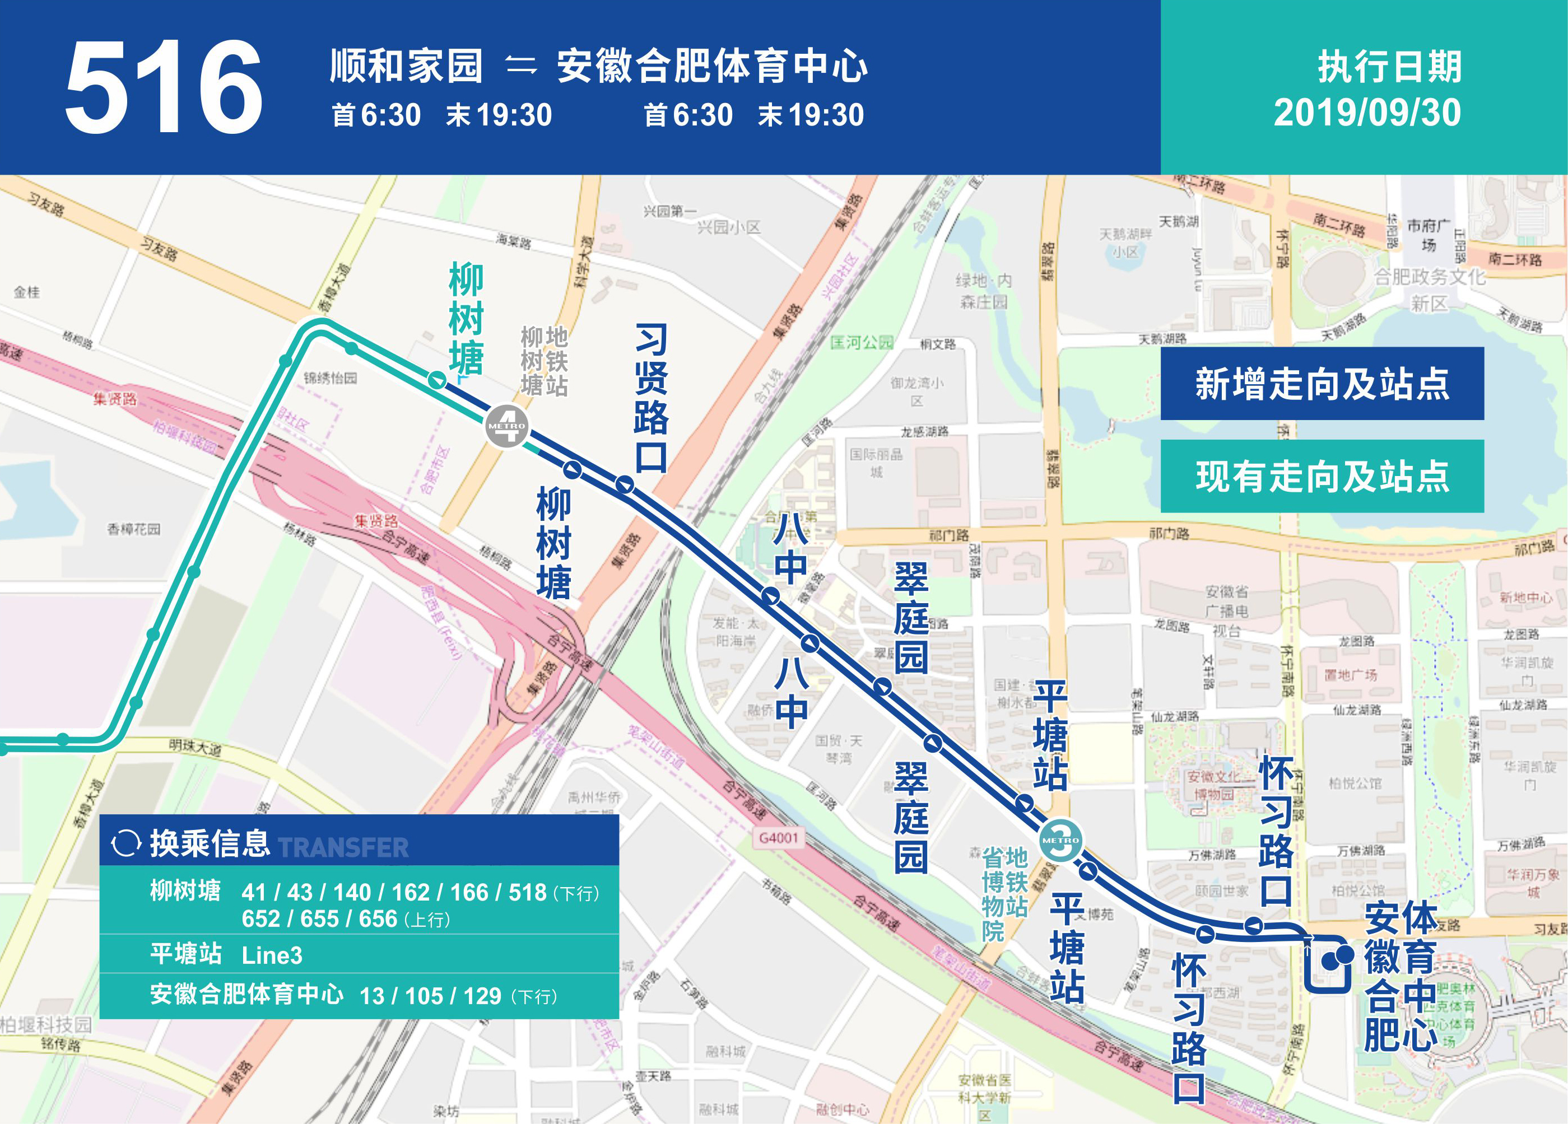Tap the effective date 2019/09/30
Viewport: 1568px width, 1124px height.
(1367, 113)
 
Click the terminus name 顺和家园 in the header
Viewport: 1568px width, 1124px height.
(406, 66)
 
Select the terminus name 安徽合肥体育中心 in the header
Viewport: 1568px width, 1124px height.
(711, 66)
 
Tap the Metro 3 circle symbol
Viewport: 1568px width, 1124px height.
(1060, 840)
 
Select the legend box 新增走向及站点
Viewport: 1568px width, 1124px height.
(1322, 384)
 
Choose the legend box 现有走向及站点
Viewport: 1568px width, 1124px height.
(1322, 476)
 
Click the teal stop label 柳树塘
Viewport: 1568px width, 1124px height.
(466, 319)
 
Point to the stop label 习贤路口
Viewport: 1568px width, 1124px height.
(652, 398)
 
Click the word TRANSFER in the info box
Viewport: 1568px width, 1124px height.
(343, 847)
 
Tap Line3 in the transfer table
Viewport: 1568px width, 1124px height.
(272, 955)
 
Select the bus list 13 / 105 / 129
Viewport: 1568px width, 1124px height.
(430, 996)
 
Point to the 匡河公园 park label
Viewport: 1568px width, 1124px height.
(862, 342)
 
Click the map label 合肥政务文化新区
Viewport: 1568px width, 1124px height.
(1429, 289)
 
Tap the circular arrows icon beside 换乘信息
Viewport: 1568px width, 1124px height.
(126, 843)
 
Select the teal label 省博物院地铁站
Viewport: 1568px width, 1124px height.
(1004, 894)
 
